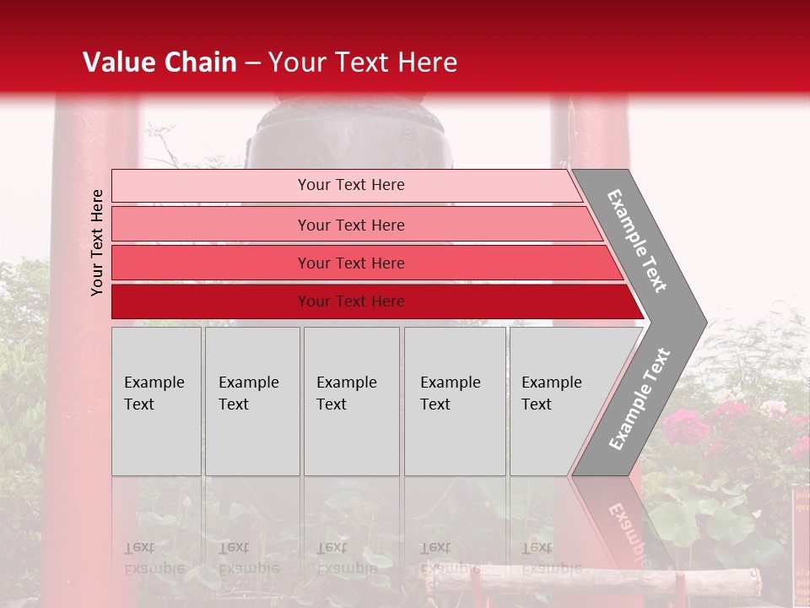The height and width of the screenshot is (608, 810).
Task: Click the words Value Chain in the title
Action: point(159,62)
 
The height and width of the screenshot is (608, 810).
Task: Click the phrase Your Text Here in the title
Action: point(363,62)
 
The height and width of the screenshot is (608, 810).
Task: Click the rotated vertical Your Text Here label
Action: point(97,242)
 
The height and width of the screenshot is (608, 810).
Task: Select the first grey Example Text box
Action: point(156,401)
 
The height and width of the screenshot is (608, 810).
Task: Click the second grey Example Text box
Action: point(251,401)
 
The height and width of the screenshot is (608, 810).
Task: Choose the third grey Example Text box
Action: point(350,401)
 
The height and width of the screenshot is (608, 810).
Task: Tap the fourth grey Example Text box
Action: point(454,401)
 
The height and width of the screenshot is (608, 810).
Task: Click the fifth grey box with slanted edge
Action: point(557,401)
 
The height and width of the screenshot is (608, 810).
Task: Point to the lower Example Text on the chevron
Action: point(640,399)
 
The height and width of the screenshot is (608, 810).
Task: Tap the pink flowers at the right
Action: point(726,422)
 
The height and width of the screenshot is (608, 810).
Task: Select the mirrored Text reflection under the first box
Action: point(140,548)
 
